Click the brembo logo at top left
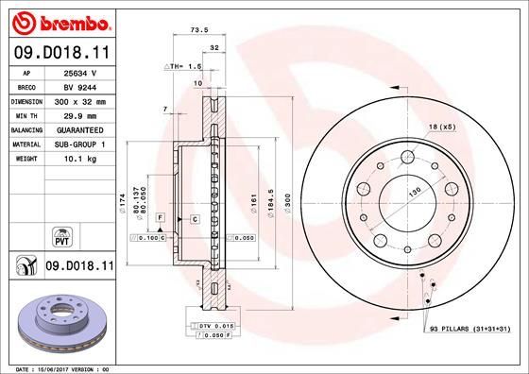coord(59,20)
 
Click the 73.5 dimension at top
coord(199,29)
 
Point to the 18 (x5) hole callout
coord(442,126)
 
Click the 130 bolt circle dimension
coord(413,192)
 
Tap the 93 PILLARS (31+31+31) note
coord(470,328)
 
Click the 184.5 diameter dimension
coord(272,207)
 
